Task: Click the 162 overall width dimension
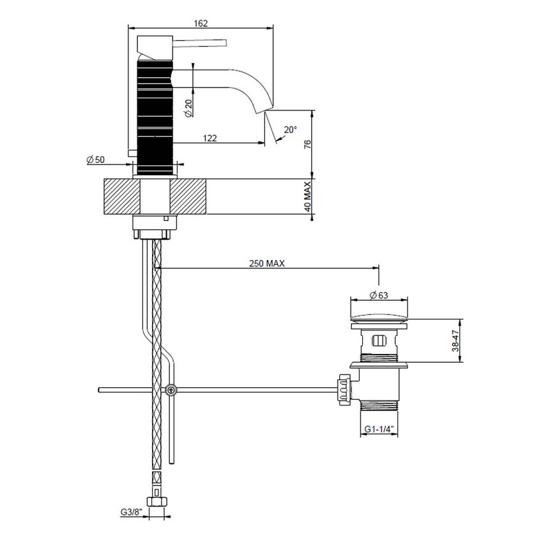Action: (201, 23)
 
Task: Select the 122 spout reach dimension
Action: (210, 137)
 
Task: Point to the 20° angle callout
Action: (291, 129)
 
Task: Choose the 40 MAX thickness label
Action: (307, 197)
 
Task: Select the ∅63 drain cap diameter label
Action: (379, 295)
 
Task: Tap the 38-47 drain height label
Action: (454, 339)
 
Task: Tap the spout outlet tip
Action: (262, 111)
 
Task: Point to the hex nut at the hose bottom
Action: (157, 501)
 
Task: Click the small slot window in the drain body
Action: (379, 340)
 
